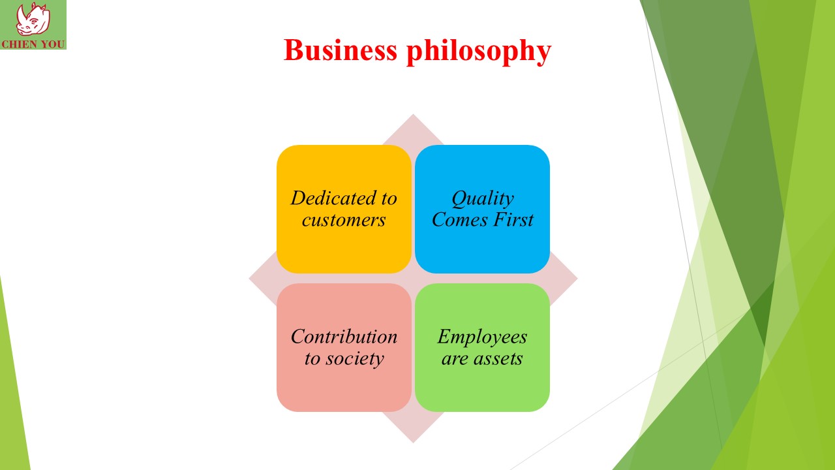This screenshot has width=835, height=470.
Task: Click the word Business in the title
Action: point(341,50)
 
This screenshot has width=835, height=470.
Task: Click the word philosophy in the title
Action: point(479,52)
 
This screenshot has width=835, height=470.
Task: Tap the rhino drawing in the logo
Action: point(33,19)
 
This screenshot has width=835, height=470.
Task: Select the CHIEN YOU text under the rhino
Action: point(33,44)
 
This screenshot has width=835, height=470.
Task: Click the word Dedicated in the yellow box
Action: point(333,198)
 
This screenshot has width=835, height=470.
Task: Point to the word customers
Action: point(344,220)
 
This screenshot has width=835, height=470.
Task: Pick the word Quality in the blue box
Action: point(483,199)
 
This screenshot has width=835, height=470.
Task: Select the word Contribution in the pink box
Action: point(344,336)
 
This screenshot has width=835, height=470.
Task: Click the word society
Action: point(354,359)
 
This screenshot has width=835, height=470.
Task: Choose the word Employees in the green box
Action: point(482,337)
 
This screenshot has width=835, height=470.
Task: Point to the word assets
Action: point(498,359)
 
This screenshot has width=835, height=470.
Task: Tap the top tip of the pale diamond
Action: point(413,114)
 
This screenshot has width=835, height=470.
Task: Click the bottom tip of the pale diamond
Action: point(413,443)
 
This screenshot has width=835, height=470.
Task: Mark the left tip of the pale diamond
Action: point(249,278)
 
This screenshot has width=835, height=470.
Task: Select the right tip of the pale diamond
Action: point(577,278)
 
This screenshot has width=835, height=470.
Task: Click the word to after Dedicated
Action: point(389,198)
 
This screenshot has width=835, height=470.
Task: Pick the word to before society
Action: point(312,359)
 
